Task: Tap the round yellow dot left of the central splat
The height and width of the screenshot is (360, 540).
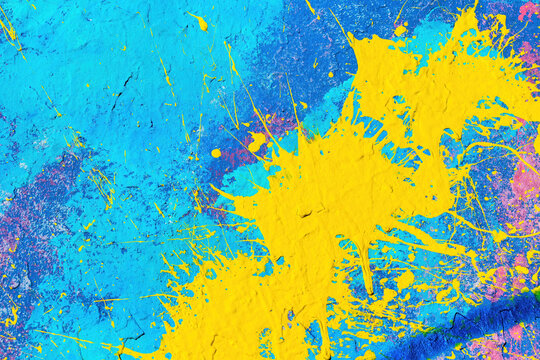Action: point(216,153)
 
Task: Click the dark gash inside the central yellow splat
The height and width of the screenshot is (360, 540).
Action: point(305,212)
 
